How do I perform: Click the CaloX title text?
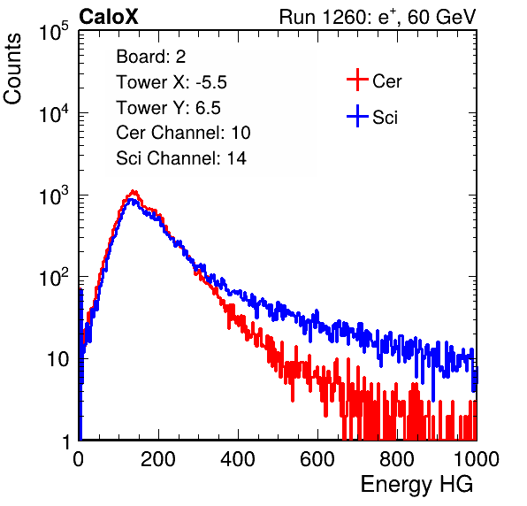pos(108,17)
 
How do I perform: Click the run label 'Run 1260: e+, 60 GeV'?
pos(377,17)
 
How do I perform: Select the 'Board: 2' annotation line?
pos(151,57)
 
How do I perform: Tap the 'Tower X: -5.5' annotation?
pos(172,82)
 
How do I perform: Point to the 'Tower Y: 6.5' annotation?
pos(168,108)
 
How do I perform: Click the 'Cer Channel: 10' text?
pos(183,133)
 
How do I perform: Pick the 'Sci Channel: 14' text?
pos(181,158)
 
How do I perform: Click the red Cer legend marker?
pos(357,80)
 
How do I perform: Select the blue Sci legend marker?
pos(357,116)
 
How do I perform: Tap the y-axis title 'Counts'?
pos(12,69)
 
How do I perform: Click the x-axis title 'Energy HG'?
pos(416,485)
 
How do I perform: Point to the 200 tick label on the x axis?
pos(158,459)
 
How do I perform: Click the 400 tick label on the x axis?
pos(238,459)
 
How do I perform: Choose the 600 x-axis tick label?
pos(317,459)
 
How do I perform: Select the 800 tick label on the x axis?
pos(397,459)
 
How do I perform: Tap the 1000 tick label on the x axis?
pos(477,459)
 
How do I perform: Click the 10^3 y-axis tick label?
pos(54,195)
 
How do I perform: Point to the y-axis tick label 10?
pos(58,359)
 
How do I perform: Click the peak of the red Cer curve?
pos(134,192)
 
